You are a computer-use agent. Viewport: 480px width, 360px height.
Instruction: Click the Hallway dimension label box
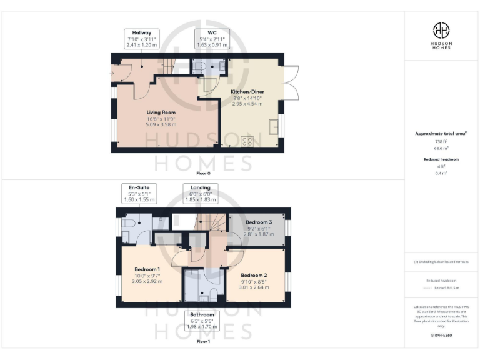[x=141, y=39]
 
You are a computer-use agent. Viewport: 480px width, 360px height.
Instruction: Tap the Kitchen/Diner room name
[x=243, y=91]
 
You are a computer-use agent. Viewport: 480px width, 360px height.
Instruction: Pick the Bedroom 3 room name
[x=258, y=222]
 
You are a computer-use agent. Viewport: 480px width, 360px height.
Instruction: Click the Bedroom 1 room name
[x=148, y=269]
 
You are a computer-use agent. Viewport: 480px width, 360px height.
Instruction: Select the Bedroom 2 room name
[x=254, y=276]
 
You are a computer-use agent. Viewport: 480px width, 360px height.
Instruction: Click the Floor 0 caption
[x=203, y=172]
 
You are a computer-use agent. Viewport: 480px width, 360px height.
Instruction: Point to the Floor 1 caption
[x=203, y=342]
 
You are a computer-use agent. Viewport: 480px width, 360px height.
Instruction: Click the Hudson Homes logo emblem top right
[x=442, y=29]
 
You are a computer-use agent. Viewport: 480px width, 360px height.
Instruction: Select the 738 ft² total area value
[x=442, y=141]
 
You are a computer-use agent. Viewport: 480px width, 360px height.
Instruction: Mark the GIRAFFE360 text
[x=442, y=336]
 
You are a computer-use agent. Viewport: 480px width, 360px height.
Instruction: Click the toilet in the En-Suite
[x=127, y=222]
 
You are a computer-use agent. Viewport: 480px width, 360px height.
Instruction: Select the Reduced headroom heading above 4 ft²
[x=442, y=159]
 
